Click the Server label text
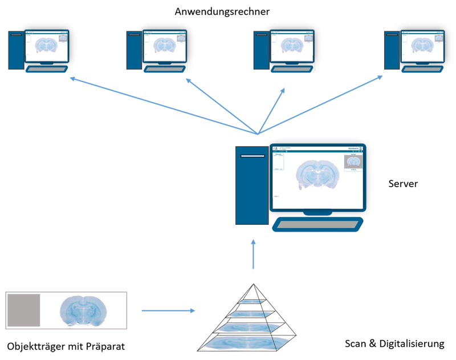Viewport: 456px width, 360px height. pos(404,184)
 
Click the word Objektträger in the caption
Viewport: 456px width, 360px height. pos(35,346)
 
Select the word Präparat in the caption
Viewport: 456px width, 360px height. pos(105,346)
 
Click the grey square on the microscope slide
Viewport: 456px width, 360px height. pos(23,310)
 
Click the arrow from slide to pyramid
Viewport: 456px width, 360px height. pos(168,311)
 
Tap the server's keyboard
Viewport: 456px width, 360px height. pos(318,224)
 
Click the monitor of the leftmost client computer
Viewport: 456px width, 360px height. pos(47,46)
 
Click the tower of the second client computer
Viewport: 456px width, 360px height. pos(134,50)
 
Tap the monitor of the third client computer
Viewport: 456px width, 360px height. pos(291,46)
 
